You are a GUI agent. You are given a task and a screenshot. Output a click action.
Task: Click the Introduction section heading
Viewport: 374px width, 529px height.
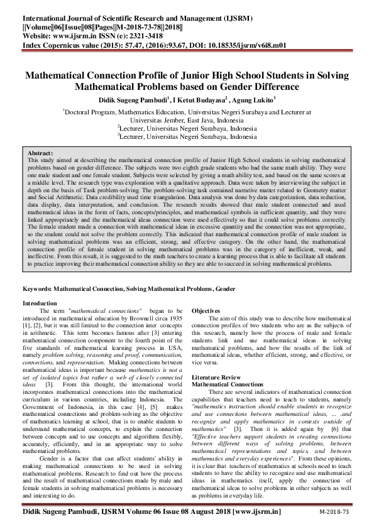click(x=40, y=303)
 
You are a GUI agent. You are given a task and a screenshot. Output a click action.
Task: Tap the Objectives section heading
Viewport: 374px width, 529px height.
click(x=206, y=311)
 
